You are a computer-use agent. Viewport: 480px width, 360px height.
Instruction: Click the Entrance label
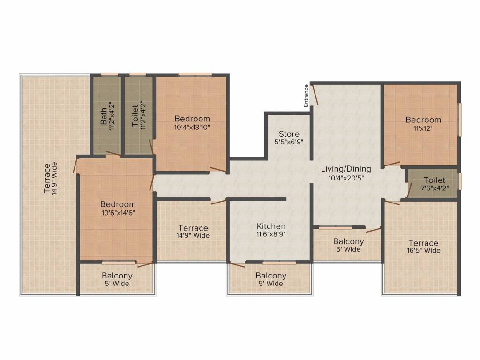coord(306,96)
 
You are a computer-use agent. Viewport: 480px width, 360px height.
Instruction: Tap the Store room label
coord(289,134)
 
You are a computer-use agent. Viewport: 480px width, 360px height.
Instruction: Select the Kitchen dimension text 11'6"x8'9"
coord(271,233)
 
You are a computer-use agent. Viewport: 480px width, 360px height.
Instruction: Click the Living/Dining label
coord(346,169)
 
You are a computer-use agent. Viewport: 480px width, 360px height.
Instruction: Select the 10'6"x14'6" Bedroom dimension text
coord(118,212)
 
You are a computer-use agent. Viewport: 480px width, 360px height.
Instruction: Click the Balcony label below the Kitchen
coord(271,276)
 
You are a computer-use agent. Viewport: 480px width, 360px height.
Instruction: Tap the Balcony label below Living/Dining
coord(348,241)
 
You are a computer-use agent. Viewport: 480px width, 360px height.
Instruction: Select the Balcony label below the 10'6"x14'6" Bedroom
coord(117,276)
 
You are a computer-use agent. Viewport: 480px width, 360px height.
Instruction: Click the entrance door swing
coord(315,94)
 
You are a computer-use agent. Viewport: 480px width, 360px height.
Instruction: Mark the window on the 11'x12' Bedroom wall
coord(460,120)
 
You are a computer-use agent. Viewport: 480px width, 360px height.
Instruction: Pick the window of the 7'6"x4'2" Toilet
coord(460,181)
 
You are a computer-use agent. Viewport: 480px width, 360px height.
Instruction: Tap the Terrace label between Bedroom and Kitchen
coord(193,228)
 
